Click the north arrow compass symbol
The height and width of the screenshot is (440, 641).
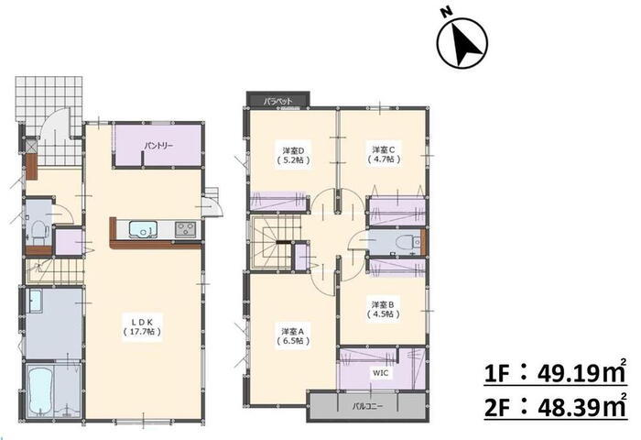pyautogui.click(x=462, y=42)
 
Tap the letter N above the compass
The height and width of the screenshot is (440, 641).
pyautogui.click(x=447, y=12)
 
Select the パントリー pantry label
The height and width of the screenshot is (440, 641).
pyautogui.click(x=158, y=146)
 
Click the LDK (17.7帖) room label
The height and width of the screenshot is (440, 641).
pyautogui.click(x=142, y=325)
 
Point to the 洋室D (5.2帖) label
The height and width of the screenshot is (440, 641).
pyautogui.click(x=292, y=154)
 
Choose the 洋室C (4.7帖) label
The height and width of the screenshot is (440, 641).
pyautogui.click(x=384, y=153)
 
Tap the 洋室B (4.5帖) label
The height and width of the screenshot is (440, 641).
pyautogui.click(x=383, y=309)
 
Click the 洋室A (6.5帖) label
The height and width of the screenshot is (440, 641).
pyautogui.click(x=292, y=335)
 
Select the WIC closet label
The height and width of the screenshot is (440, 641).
pyautogui.click(x=380, y=373)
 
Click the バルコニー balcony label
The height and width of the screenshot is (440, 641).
pyautogui.click(x=367, y=406)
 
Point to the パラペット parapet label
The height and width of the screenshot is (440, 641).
pyautogui.click(x=278, y=100)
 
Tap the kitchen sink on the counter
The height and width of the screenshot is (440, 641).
pyautogui.click(x=143, y=229)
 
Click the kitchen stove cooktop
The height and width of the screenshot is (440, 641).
pyautogui.click(x=186, y=229)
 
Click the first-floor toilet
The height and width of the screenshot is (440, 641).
pyautogui.click(x=38, y=231)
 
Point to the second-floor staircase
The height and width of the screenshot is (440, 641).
pyautogui.click(x=273, y=242)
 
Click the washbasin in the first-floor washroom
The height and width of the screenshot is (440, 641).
pyautogui.click(x=35, y=302)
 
